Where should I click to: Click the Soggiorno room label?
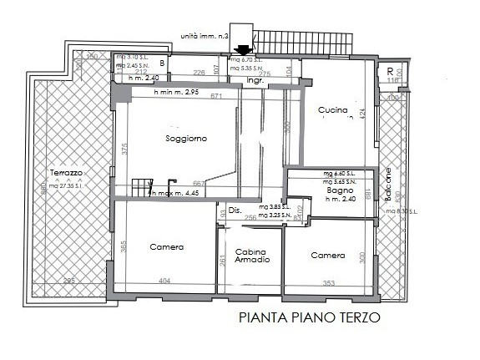click(186, 138)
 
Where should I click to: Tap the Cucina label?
click(331, 110)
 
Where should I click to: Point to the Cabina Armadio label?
click(251, 256)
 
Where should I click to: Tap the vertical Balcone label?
click(387, 185)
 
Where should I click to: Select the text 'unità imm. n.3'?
click(205, 37)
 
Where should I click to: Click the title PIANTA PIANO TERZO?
click(310, 317)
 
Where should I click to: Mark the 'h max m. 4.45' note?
click(176, 193)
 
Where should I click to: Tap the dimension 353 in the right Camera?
click(329, 283)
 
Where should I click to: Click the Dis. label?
click(234, 210)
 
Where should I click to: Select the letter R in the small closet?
click(390, 71)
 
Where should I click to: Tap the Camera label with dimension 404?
click(166, 247)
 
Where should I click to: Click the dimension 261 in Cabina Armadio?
click(222, 261)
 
